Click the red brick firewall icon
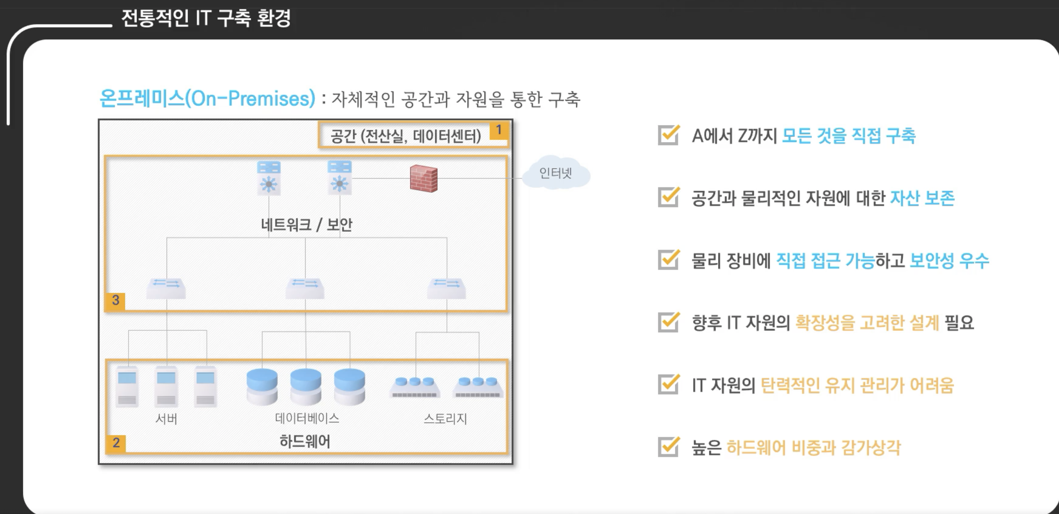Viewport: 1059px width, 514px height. (424, 179)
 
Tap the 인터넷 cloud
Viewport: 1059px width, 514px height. (556, 173)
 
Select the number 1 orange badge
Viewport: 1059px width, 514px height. (499, 131)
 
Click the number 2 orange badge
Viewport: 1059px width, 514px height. (116, 443)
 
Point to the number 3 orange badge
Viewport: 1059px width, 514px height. (116, 300)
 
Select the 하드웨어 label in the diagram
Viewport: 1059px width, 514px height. (305, 441)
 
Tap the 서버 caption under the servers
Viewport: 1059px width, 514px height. (166, 418)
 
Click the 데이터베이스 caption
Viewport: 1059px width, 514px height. (307, 418)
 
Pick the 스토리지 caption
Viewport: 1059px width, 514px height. (445, 418)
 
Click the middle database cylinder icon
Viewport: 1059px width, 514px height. (306, 387)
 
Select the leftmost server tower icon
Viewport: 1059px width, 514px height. (127, 387)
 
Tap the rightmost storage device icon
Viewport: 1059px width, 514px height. (478, 387)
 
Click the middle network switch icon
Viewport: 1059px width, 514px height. (305, 288)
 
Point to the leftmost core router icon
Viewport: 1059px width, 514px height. (269, 177)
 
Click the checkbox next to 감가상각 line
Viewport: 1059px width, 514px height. (668, 447)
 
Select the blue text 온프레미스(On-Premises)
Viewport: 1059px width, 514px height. (207, 99)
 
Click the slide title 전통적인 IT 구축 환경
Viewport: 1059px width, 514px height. (206, 18)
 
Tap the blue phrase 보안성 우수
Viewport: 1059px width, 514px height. (949, 260)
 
